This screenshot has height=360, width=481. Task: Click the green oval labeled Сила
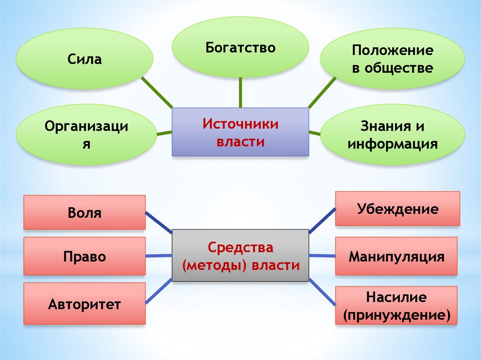pos(85,59)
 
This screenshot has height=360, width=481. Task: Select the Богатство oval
pos(240,47)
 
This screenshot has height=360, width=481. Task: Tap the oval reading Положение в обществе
pos(392,59)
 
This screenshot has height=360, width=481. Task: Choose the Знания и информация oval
pos(392,135)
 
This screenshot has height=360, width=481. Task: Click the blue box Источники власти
pos(240,132)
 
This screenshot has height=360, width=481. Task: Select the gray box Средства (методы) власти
pos(240,255)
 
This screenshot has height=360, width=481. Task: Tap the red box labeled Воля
pos(85,213)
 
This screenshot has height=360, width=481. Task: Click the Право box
pos(85,256)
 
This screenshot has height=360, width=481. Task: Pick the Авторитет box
pos(85,304)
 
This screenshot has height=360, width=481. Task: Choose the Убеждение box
pos(397,208)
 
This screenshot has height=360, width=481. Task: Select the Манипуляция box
pos(396,256)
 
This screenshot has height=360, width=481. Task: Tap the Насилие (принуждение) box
pos(396,306)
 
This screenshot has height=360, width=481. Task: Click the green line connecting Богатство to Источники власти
pos(240,92)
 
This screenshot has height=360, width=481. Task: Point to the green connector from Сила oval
pos(157,93)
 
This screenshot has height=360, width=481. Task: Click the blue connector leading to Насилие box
pos(322,291)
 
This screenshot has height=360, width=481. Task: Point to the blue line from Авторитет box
pos(159,291)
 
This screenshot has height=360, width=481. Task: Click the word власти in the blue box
pos(240,141)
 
